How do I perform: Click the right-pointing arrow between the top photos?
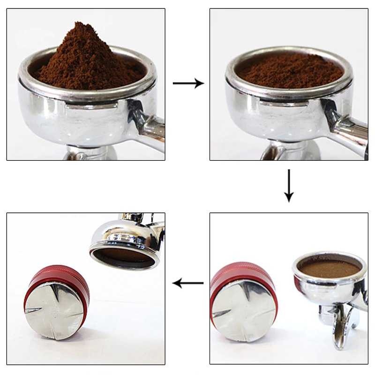[188, 83]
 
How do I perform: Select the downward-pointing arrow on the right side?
[289, 186]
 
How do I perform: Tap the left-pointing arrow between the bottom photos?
[188, 283]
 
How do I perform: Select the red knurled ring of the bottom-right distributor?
[234, 272]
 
